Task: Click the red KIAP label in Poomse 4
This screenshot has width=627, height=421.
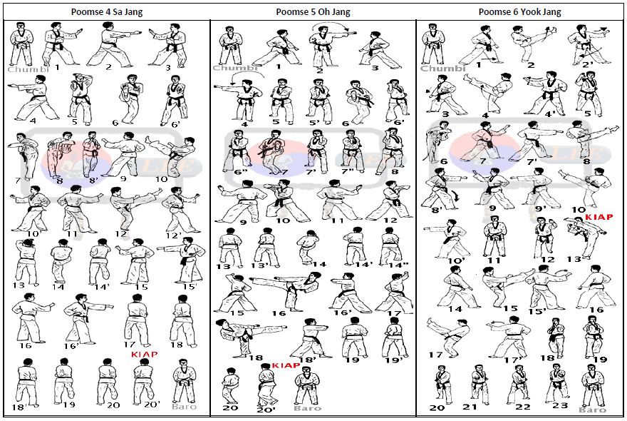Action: pyautogui.click(x=145, y=353)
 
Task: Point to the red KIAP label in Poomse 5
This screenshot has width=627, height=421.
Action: pyautogui.click(x=285, y=365)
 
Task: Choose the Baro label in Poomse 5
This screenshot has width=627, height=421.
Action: pyautogui.click(x=307, y=408)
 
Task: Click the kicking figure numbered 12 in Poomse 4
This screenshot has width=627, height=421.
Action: pyautogui.click(x=125, y=207)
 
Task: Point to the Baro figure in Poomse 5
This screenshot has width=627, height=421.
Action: pyautogui.click(x=307, y=386)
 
